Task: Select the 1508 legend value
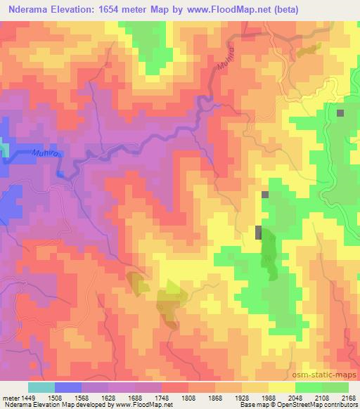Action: point(67,396)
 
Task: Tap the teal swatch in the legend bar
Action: point(41,387)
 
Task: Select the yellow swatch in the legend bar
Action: point(281,387)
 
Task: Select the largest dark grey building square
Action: point(259,233)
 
